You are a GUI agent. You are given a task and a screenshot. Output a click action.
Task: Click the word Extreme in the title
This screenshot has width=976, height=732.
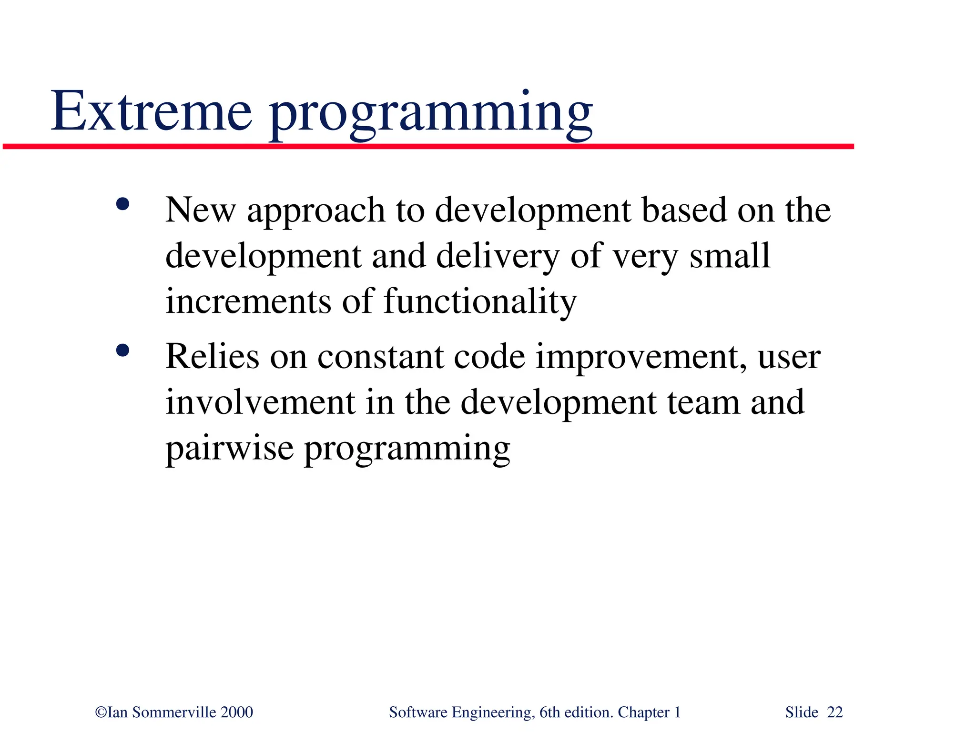point(151,111)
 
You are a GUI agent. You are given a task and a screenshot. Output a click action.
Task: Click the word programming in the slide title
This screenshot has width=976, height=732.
point(431,114)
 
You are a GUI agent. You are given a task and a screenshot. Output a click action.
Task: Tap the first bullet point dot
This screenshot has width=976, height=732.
point(122,205)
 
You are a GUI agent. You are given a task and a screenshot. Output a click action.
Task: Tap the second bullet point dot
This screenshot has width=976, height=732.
point(122,351)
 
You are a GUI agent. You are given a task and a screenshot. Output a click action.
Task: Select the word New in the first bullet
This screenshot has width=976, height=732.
point(200,210)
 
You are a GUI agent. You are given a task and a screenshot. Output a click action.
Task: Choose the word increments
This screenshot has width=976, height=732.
point(248,302)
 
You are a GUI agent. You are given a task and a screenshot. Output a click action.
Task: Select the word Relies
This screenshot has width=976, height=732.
point(212,357)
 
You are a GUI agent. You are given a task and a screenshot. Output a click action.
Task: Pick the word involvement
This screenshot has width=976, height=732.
point(260,402)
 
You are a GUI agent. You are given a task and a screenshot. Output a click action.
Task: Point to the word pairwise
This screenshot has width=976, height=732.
point(229,449)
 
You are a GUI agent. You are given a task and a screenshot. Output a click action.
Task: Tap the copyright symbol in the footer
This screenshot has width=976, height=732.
point(101,712)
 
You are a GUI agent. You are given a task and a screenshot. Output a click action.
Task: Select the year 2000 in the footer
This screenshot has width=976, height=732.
point(237,712)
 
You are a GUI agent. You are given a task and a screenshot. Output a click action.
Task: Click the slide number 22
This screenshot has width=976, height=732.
point(835,712)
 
